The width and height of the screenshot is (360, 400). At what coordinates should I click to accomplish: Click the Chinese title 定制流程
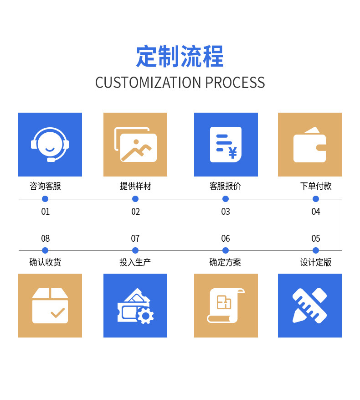click(180, 57)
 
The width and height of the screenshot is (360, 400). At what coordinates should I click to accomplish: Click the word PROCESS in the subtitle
click(235, 83)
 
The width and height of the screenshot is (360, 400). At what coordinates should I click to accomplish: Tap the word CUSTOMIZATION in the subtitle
click(148, 83)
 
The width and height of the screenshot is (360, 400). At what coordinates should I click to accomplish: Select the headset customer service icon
click(50, 145)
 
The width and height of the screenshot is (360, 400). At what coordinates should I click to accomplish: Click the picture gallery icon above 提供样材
click(135, 145)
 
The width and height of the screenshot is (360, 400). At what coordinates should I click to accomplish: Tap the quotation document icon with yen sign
click(226, 145)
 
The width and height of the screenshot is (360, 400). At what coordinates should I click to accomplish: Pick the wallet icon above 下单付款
click(310, 145)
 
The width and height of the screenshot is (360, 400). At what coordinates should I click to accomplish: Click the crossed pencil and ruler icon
click(310, 306)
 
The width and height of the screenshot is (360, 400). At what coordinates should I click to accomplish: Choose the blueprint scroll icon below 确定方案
click(226, 306)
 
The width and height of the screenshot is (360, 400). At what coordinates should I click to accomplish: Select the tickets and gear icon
click(135, 306)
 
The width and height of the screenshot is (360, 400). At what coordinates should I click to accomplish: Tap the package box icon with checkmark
click(50, 306)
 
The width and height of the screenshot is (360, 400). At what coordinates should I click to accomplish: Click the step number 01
click(45, 212)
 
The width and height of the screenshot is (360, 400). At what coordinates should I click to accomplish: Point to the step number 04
click(316, 212)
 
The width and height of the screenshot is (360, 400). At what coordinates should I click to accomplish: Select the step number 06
click(226, 239)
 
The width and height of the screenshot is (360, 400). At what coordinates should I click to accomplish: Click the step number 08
click(45, 239)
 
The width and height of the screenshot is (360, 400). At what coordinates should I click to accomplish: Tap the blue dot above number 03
click(226, 199)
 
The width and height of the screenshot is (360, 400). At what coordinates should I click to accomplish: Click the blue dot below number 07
click(135, 250)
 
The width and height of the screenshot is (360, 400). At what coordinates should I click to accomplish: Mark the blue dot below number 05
click(316, 250)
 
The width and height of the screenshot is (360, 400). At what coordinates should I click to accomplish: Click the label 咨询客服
click(45, 186)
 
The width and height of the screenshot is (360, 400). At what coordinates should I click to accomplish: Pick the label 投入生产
click(135, 262)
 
